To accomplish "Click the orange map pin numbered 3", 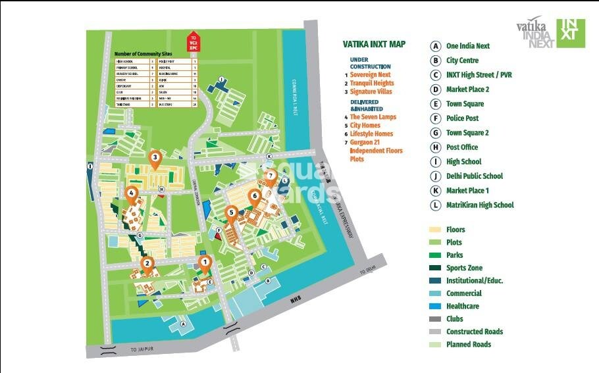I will [x=155, y=158].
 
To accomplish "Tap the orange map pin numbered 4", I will [x=132, y=194].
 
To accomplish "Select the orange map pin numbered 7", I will [x=271, y=176].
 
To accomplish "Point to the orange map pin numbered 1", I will [x=205, y=264].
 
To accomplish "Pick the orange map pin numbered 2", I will [x=147, y=265].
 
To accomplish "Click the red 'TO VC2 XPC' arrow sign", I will [x=194, y=40].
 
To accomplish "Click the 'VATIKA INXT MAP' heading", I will [x=374, y=45].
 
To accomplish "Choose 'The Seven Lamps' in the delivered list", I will [x=373, y=117].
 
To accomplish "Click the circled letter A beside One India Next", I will [x=435, y=46].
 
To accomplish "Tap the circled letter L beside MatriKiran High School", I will [x=435, y=205].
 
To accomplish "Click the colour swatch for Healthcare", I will [x=435, y=306].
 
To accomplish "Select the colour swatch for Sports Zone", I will [x=435, y=268].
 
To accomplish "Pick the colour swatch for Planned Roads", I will [x=435, y=344].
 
